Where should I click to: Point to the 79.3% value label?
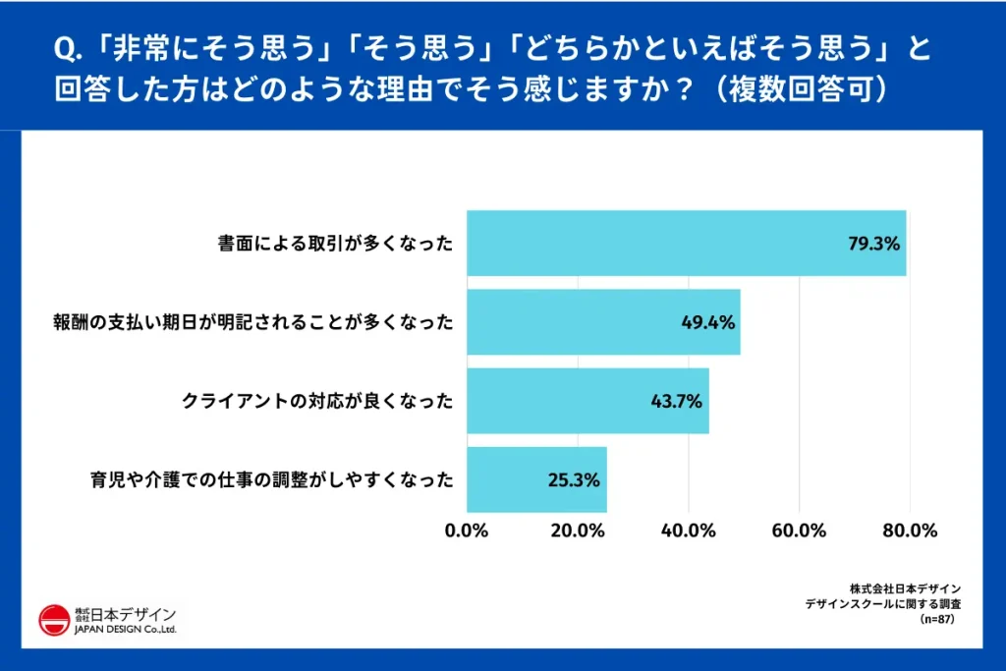874,244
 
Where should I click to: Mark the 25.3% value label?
574,480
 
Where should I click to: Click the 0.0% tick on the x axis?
467,531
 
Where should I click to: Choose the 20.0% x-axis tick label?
578,531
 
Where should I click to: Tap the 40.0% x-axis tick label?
688,531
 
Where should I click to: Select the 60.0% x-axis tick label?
799,531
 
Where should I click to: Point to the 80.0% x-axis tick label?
909,531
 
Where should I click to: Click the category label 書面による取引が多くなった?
335,244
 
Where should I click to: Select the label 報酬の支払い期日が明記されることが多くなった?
252,322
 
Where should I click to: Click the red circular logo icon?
54,621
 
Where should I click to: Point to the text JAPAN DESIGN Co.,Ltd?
125,630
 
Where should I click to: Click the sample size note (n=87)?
934,620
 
